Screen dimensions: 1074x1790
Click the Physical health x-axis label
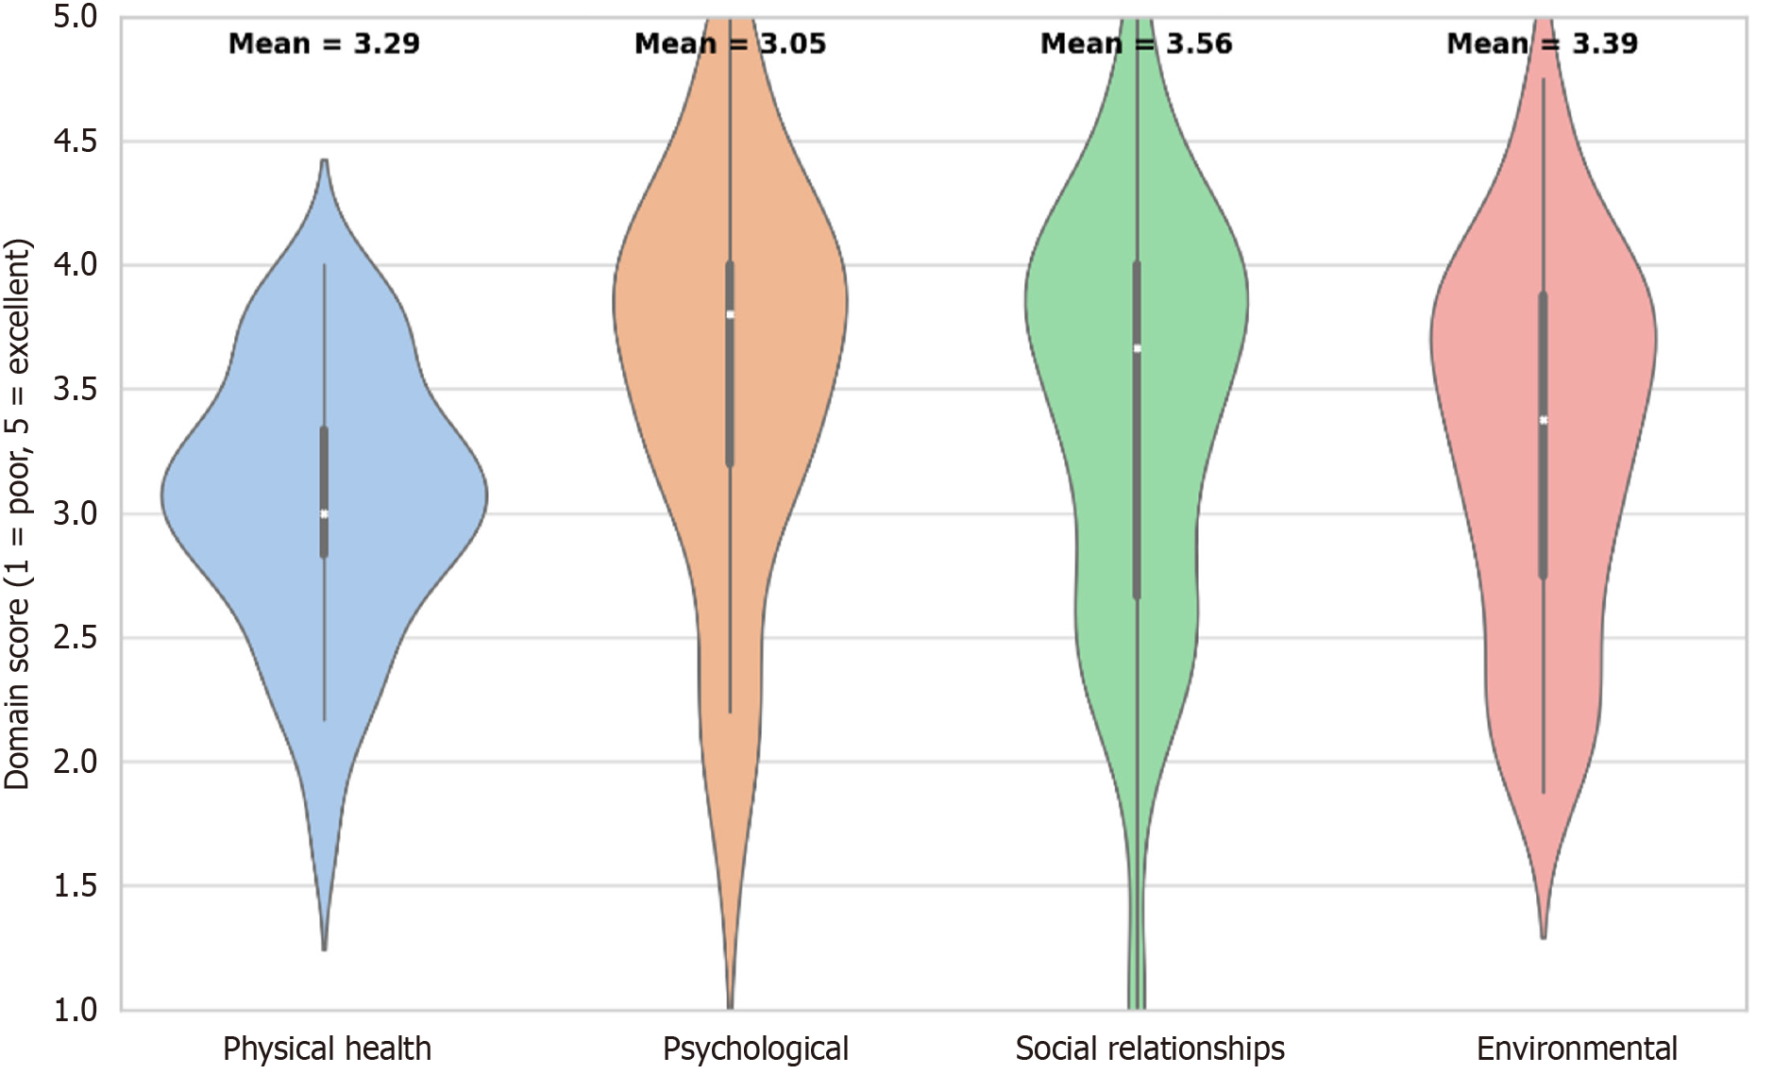pos(327,1049)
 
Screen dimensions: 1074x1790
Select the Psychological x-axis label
pos(755,1049)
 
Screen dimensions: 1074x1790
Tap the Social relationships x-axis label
pos(1150,1049)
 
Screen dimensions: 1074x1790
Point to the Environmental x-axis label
pos(1577,1049)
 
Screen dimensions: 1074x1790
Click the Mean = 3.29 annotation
pos(324,43)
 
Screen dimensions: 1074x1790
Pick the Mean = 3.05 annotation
pos(730,43)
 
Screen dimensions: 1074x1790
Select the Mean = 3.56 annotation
pos(1136,43)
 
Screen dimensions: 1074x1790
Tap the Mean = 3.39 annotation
pos(1542,43)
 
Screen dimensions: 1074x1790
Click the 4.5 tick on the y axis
pos(76,142)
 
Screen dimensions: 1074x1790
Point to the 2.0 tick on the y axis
pos(76,762)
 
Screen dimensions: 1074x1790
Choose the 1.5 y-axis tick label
pos(76,886)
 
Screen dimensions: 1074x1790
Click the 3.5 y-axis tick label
pos(76,390)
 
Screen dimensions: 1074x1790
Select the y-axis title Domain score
pos(17,514)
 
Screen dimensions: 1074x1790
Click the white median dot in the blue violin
pos(324,514)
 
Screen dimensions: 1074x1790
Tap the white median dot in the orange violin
pos(730,315)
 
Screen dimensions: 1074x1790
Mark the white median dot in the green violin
pos(1137,349)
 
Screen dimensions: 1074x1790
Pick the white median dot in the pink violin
pos(1543,421)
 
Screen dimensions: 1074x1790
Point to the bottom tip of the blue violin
pos(324,948)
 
